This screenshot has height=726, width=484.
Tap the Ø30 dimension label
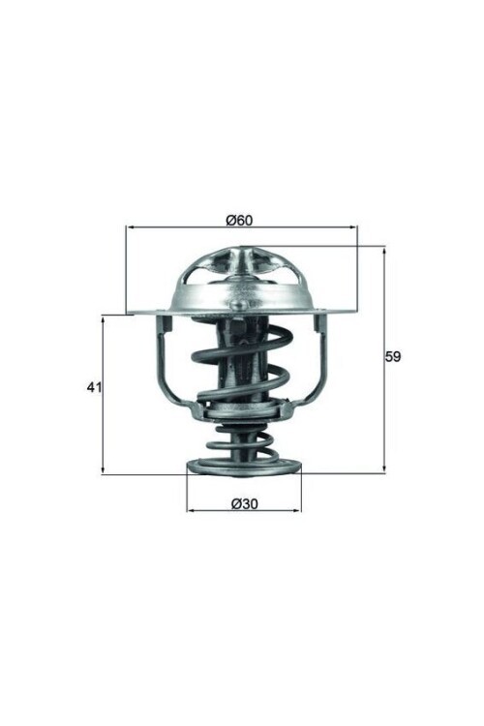[x=244, y=503]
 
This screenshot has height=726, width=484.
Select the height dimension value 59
[x=392, y=356]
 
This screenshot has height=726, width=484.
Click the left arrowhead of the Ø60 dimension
[x=130, y=228]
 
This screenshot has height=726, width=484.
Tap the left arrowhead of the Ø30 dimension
[x=191, y=510]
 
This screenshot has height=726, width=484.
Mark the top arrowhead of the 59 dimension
[x=384, y=251]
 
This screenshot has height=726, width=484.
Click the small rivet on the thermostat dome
[x=236, y=307]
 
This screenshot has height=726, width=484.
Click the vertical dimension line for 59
[x=384, y=407]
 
